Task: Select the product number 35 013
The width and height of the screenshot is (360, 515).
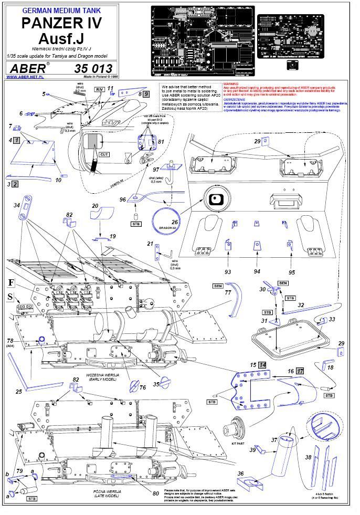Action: [93, 68]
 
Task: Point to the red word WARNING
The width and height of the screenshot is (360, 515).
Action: [231, 83]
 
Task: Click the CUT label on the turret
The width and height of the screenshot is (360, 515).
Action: [104, 155]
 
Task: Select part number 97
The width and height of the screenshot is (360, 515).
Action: [156, 170]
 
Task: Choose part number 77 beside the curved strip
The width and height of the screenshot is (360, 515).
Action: [227, 293]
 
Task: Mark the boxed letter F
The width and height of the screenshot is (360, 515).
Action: [11, 283]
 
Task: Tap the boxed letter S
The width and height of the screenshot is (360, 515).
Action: [11, 297]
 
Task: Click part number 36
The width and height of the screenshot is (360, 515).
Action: [241, 474]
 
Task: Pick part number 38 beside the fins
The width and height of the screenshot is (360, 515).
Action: [309, 457]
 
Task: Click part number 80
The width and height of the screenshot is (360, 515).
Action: [155, 493]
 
